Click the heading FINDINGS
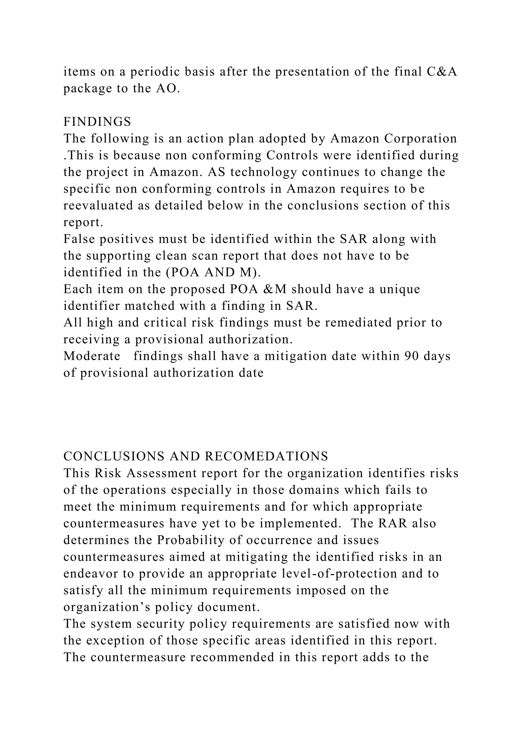pos(97,122)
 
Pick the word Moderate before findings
pos(92,356)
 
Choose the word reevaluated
pos(98,205)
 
